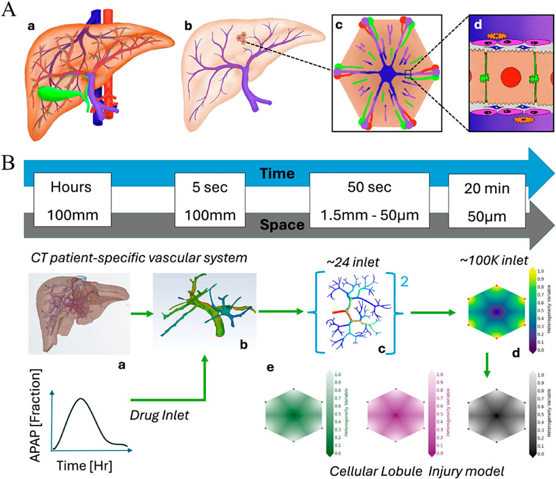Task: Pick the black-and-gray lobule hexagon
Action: click(498, 415)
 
